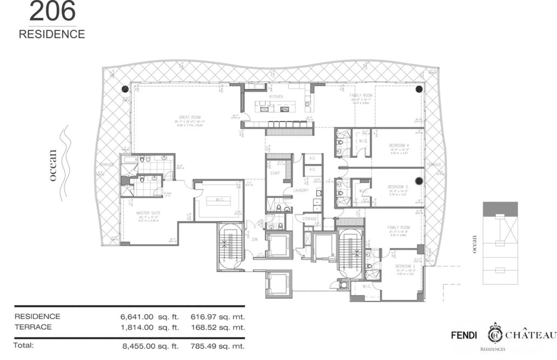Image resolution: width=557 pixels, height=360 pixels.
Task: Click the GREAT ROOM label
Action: [190, 117]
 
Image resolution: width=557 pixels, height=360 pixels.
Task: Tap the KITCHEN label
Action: [276, 97]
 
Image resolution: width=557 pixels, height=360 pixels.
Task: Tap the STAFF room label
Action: [275, 174]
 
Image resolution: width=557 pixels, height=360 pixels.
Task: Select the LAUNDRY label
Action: [300, 190]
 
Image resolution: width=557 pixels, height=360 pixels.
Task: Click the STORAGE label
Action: [309, 219]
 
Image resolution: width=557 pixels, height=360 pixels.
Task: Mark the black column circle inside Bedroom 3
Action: [418, 181]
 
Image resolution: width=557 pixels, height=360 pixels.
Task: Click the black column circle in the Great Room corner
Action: [125, 89]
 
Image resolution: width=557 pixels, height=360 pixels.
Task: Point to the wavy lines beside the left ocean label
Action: [65, 162]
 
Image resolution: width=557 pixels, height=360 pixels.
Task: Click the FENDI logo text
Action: [464, 335]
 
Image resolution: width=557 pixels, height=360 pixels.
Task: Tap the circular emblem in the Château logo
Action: [496, 334]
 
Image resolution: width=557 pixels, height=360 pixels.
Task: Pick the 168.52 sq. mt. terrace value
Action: [218, 327]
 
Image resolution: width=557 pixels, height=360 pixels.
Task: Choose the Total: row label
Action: [24, 345]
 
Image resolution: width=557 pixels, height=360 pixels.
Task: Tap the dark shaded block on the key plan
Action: [500, 208]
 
